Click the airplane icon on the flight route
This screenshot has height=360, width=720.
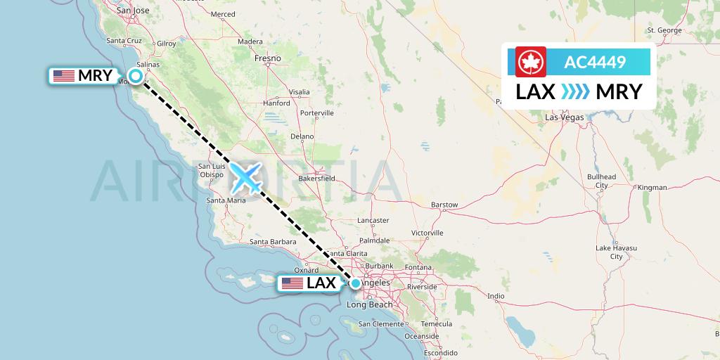point(246,177)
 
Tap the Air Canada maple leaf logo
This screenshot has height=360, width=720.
point(531,62)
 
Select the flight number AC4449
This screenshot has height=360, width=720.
point(595,63)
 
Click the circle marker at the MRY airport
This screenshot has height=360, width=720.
point(136,76)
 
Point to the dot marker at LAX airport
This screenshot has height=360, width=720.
point(356,283)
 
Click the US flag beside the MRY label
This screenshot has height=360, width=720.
point(64,76)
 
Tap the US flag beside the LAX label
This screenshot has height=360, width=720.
point(292,283)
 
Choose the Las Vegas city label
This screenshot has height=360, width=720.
point(565,117)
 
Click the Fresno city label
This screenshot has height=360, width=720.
point(268,58)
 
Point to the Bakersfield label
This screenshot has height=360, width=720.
point(317,179)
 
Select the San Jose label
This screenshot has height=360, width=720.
point(133,11)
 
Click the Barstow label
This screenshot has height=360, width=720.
point(444,205)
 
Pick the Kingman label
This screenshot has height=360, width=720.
point(652,188)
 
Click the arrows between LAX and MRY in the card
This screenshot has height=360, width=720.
point(577,92)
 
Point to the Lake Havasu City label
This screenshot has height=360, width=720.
point(616,252)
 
